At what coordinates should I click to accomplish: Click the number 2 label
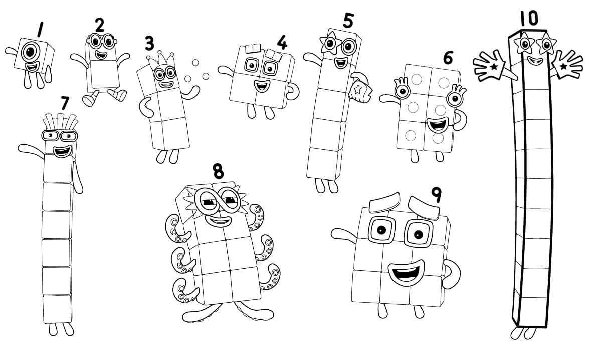point(100,24)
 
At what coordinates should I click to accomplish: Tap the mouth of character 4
point(261,85)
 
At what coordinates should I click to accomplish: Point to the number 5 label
point(348,20)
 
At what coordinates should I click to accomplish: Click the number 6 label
point(448,58)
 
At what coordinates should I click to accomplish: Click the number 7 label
point(64,103)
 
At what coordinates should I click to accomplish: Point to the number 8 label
point(218,171)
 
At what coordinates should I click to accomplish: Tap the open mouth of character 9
point(405,273)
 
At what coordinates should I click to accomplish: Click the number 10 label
point(528,18)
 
